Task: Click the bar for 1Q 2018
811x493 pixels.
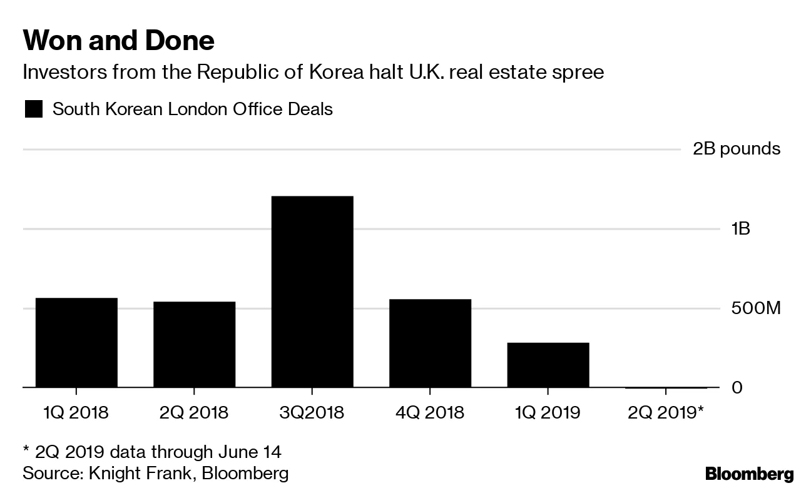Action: coord(76,343)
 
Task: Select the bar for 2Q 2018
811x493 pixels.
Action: coord(194,345)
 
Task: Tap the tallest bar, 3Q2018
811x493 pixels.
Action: coord(312,292)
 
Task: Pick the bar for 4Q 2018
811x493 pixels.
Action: coord(430,343)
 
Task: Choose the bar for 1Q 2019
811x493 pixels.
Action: coord(548,365)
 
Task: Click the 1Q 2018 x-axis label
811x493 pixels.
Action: coord(76,413)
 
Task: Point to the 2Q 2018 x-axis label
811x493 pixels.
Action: coord(194,413)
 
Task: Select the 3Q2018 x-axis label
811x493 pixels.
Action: coord(312,413)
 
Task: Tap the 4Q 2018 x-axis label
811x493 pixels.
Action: coord(430,413)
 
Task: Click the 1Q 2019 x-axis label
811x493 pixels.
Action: coord(548,413)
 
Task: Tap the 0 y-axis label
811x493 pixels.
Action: coord(737,388)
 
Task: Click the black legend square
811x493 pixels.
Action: coord(33,110)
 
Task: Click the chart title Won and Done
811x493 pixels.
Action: coord(118,41)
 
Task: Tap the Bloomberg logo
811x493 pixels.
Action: coord(749,474)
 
